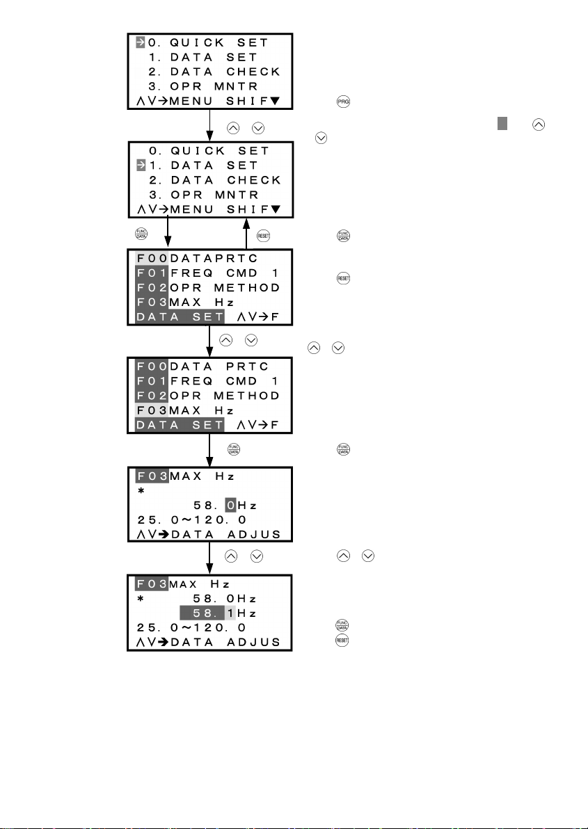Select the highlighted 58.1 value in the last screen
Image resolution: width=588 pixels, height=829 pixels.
point(207,613)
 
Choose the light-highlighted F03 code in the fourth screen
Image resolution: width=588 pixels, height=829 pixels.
point(150,410)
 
